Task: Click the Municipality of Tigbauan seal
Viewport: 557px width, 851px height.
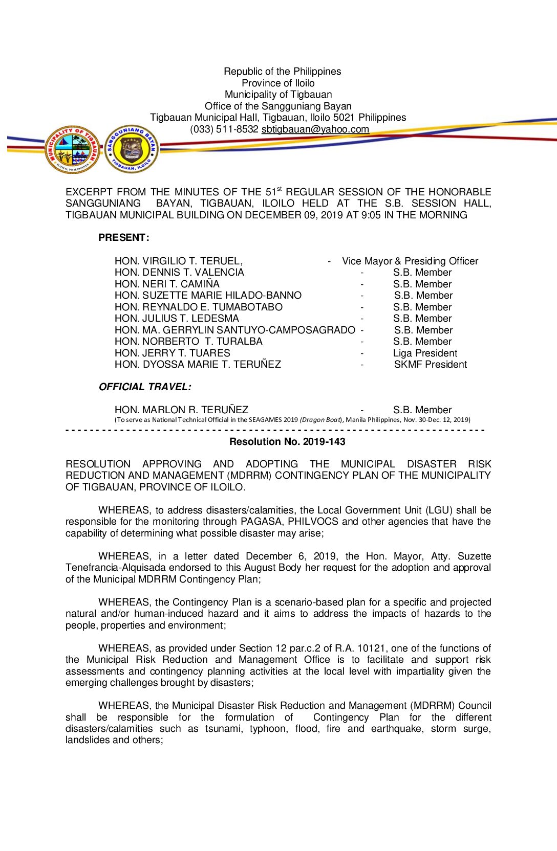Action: click(73, 149)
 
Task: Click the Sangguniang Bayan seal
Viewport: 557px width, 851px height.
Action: click(132, 149)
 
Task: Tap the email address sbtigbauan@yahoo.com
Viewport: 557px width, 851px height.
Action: click(315, 129)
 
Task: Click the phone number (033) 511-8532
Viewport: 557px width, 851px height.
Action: click(224, 129)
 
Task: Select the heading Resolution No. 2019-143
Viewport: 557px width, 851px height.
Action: click(287, 442)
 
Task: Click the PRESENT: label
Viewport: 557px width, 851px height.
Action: click(124, 238)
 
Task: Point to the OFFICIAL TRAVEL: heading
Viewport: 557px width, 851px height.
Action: click(145, 387)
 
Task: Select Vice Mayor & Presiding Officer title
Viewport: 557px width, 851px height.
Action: click(410, 261)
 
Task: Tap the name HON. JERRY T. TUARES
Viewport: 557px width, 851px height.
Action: click(173, 353)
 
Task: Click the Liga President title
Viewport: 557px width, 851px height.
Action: click(425, 353)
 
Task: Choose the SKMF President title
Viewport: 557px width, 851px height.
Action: click(430, 365)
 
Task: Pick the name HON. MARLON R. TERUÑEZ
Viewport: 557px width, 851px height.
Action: click(181, 410)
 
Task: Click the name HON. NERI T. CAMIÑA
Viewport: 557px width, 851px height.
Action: click(167, 284)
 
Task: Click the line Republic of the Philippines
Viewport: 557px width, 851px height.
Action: click(282, 72)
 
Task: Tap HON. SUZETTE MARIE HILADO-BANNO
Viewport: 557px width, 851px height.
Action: click(208, 296)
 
